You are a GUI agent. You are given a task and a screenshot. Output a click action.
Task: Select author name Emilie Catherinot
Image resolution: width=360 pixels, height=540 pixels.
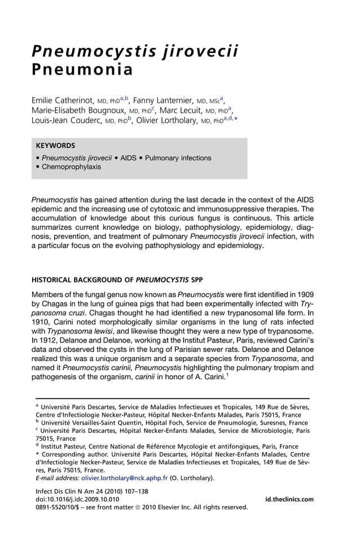63,100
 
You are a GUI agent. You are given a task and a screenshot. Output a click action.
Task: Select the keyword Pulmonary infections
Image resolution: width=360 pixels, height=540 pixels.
178,158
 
